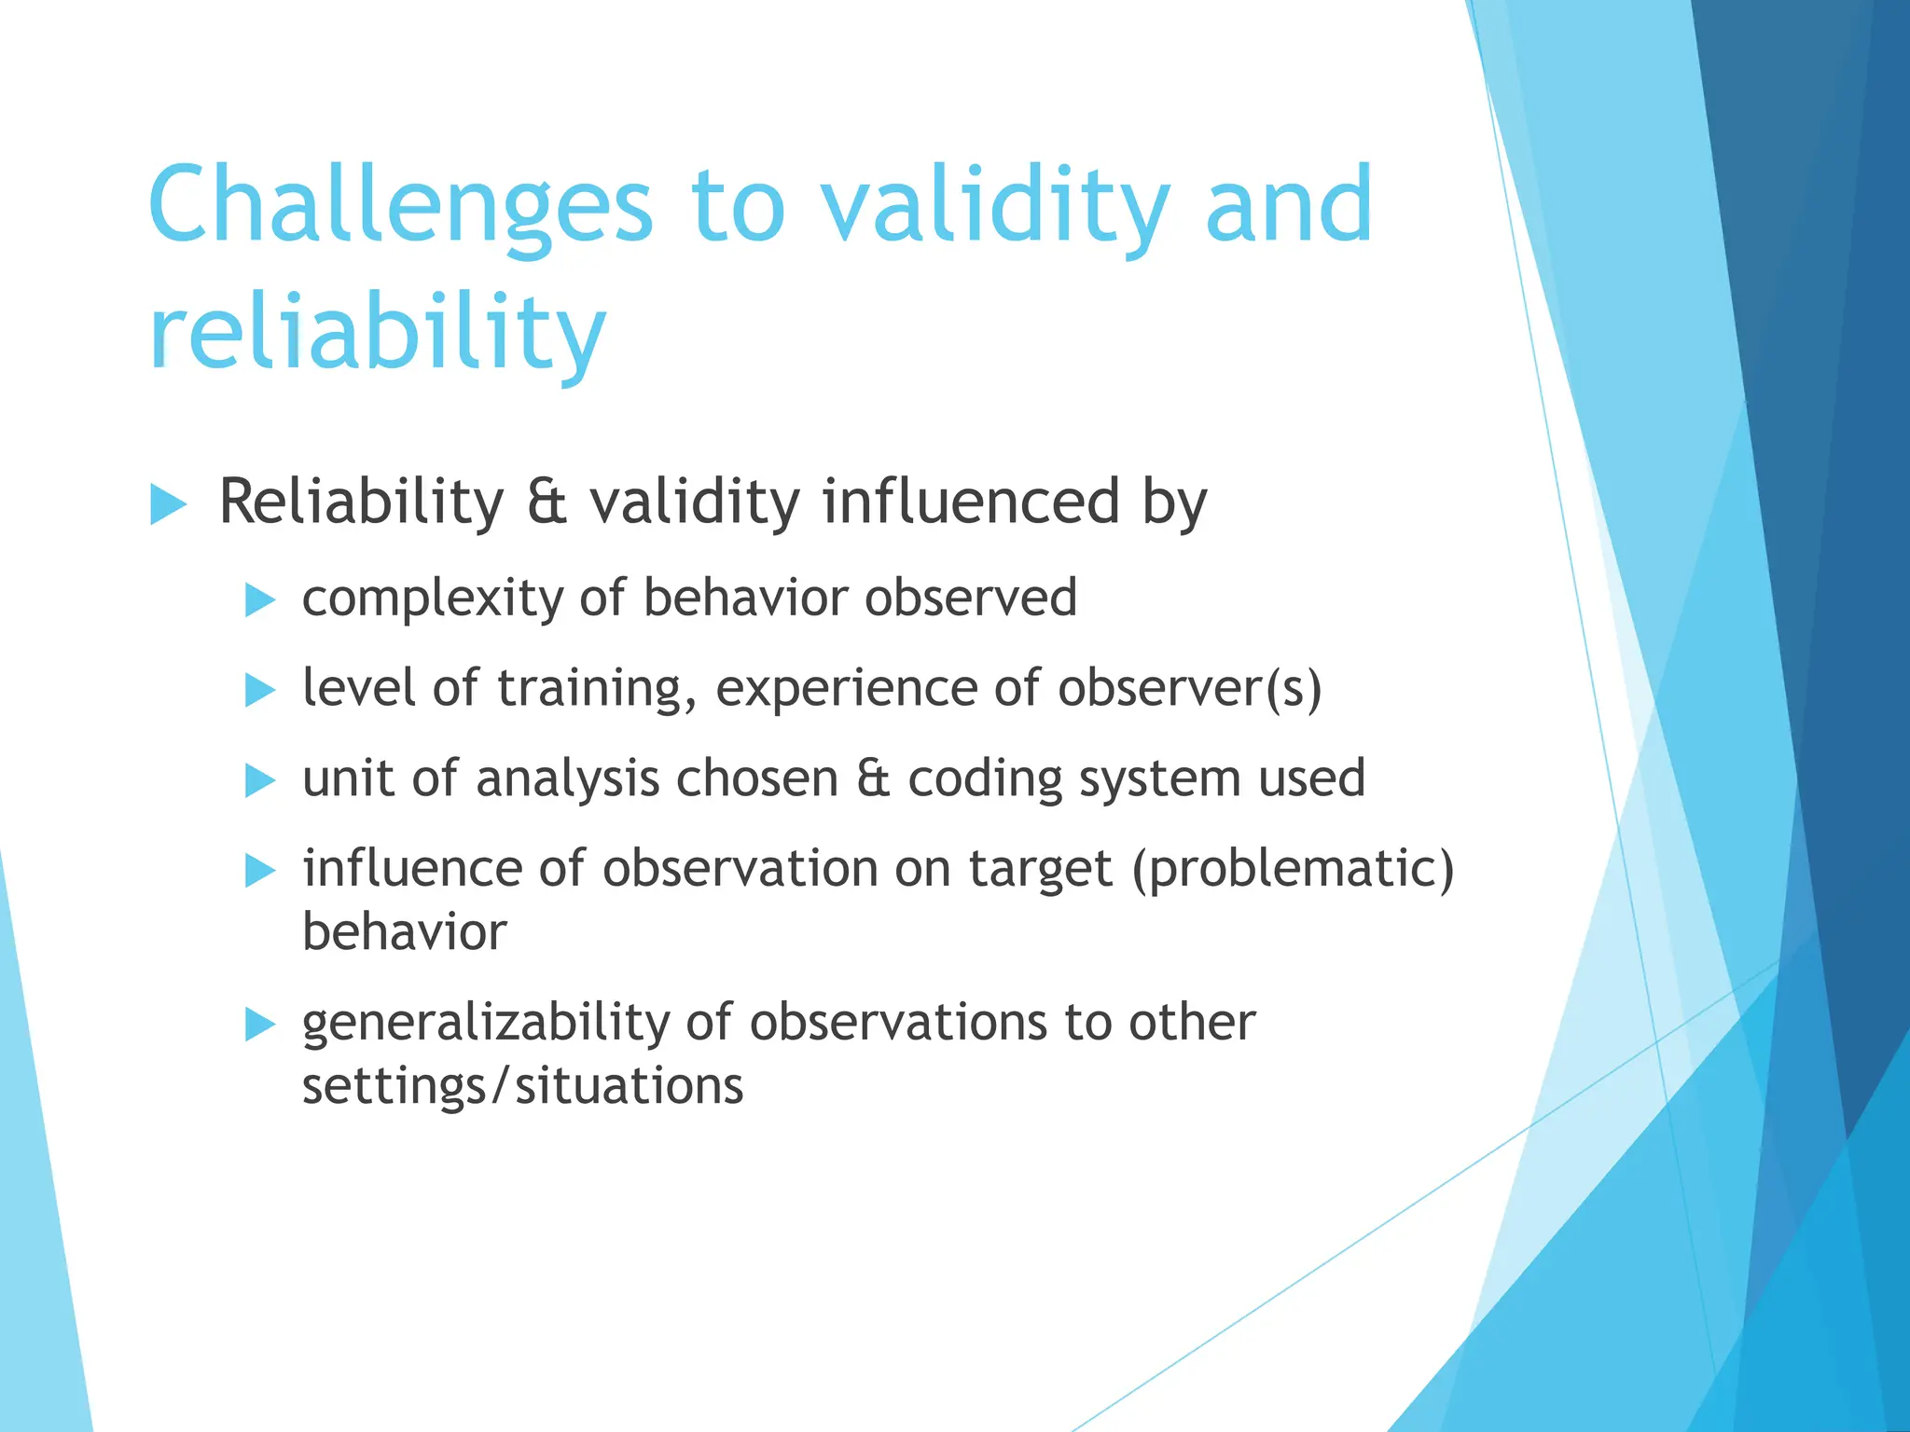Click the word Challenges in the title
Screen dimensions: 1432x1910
click(401, 207)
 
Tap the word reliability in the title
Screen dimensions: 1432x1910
click(378, 334)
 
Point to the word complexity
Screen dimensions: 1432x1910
click(430, 599)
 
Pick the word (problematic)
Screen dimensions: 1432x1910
click(1293, 870)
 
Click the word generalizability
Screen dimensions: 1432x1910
click(485, 1024)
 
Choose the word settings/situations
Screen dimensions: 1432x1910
click(522, 1086)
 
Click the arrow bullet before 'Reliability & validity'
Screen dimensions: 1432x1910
click(168, 505)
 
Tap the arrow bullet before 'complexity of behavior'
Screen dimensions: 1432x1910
click(259, 601)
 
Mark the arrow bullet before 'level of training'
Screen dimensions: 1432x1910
click(259, 692)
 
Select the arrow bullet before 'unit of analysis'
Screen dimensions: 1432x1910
click(259, 781)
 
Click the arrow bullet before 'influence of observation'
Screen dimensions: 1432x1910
click(259, 872)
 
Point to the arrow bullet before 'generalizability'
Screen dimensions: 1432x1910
click(259, 1026)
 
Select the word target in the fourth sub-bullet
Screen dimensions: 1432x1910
click(1041, 870)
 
